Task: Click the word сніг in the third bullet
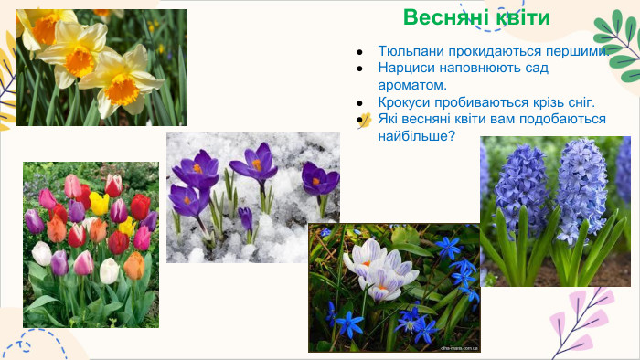click(575, 102)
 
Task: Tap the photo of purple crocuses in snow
click(252, 196)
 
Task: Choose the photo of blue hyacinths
click(555, 211)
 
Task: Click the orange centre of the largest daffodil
click(121, 89)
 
